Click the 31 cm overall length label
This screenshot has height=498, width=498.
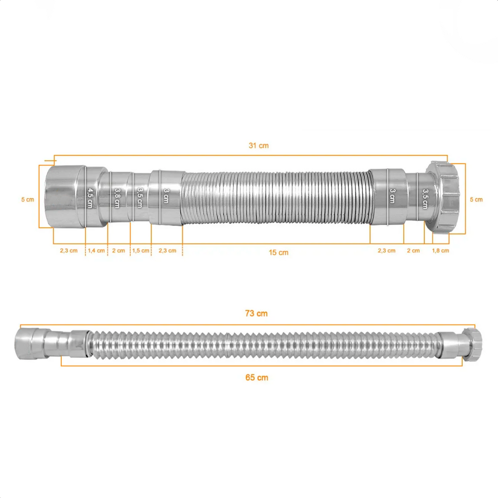pos(258,145)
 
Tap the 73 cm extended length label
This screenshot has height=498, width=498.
pos(256,314)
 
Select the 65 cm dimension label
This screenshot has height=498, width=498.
pos(256,377)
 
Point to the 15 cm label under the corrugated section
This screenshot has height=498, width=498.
pos(279,252)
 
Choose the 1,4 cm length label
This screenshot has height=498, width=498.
pos(96,251)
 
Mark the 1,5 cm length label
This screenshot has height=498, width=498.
pos(141,251)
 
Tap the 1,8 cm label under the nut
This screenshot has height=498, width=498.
pos(441,251)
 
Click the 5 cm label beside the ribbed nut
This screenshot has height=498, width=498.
pos(476,199)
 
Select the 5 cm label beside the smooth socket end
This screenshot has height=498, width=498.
pos(28,199)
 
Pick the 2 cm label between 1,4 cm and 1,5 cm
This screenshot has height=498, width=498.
pos(118,251)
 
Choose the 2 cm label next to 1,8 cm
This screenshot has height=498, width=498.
pos(413,251)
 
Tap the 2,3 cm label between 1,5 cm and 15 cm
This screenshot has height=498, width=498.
pos(167,251)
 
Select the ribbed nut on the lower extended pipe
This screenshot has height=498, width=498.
pos(472,344)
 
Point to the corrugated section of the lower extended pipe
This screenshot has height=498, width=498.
pos(263,344)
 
